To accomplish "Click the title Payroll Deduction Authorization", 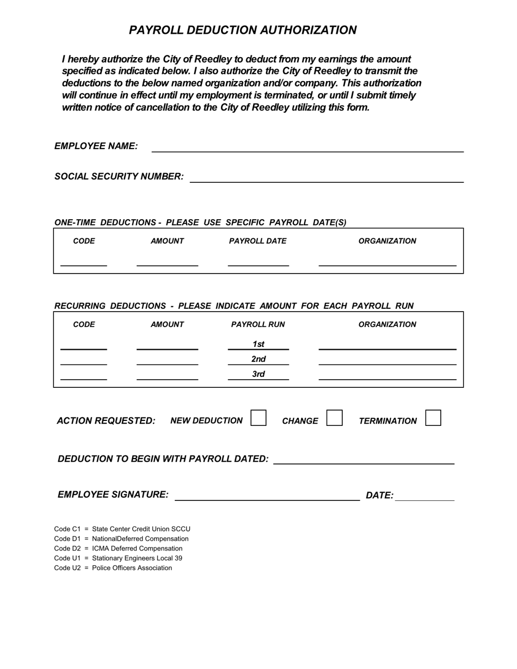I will pyautogui.click(x=243, y=30).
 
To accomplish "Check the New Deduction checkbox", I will pyautogui.click(x=258, y=418).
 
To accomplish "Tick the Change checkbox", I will pyautogui.click(x=334, y=418).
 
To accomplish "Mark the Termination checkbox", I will pyautogui.click(x=433, y=418).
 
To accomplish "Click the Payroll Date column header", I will pyautogui.click(x=257, y=241).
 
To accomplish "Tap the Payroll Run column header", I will pyautogui.click(x=258, y=325).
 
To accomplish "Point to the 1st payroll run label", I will pyautogui.click(x=258, y=344).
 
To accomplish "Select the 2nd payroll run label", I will pyautogui.click(x=258, y=359).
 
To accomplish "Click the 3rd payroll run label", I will pyautogui.click(x=258, y=374).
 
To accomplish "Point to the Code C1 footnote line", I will pyautogui.click(x=122, y=529).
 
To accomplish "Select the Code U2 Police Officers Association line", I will pyautogui.click(x=113, y=568).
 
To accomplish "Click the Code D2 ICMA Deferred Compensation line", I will pyautogui.click(x=118, y=549).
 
